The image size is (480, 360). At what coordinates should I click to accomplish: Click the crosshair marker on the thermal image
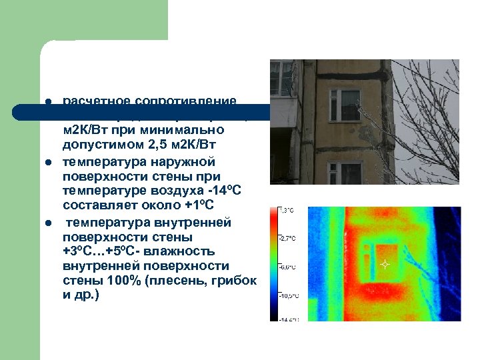(x=384, y=265)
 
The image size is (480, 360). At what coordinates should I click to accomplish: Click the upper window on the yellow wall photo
(x=344, y=105)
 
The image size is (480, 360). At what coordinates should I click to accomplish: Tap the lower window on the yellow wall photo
(x=344, y=173)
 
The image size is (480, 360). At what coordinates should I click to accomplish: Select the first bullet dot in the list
(x=49, y=102)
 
